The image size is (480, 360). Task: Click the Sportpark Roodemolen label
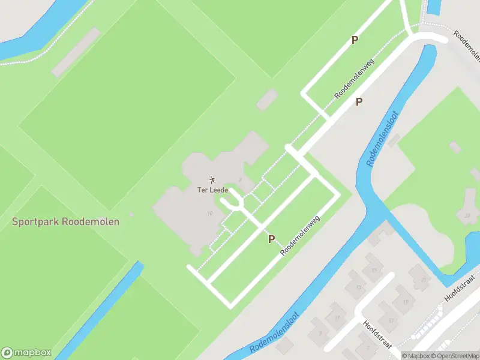pyautogui.click(x=66, y=221)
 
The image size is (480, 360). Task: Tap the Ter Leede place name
pyautogui.click(x=212, y=190)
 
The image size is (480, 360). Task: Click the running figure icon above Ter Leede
pyautogui.click(x=212, y=179)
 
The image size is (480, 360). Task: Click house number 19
pyautogui.click(x=406, y=302)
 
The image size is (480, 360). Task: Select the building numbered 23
pyautogui.click(x=467, y=214)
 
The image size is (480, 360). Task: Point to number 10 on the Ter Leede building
pyautogui.click(x=209, y=213)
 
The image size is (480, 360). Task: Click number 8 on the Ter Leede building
pyautogui.click(x=239, y=179)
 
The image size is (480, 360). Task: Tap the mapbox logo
pyautogui.click(x=26, y=353)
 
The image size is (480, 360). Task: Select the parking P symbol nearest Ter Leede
pyautogui.click(x=271, y=239)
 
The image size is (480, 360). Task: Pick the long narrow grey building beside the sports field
pyautogui.click(x=75, y=52)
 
